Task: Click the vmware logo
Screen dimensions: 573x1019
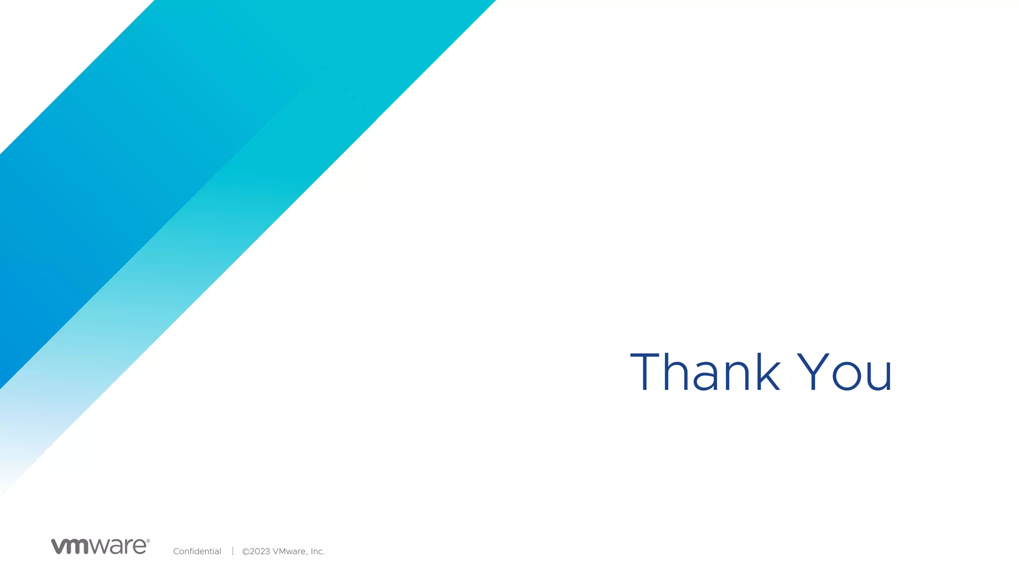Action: (x=100, y=546)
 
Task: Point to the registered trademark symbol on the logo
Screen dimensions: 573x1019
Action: (x=148, y=541)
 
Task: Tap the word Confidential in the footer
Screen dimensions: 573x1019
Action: (x=197, y=551)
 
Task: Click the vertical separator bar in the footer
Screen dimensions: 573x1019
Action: (x=232, y=551)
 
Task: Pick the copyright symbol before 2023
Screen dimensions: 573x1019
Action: (x=245, y=552)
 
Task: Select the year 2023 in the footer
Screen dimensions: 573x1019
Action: (x=260, y=551)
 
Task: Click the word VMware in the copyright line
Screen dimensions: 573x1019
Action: (x=290, y=551)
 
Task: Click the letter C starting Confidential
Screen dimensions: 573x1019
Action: (x=176, y=551)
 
